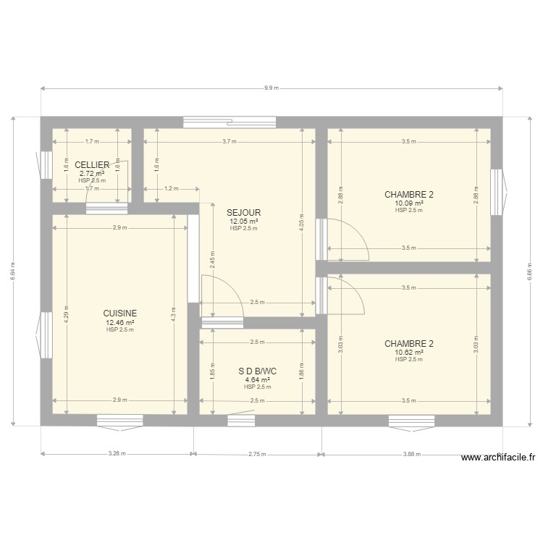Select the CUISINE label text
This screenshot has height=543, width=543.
[120, 313]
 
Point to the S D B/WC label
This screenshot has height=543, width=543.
[257, 371]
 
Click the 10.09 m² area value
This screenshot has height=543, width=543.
[409, 203]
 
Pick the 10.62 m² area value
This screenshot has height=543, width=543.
[409, 353]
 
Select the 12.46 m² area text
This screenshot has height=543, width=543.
[120, 322]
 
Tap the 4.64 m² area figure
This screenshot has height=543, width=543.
[257, 379]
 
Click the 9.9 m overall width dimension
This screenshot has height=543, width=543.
[271, 88]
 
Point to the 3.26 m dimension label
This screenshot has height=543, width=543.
[117, 455]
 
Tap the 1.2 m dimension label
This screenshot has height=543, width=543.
[171, 189]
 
